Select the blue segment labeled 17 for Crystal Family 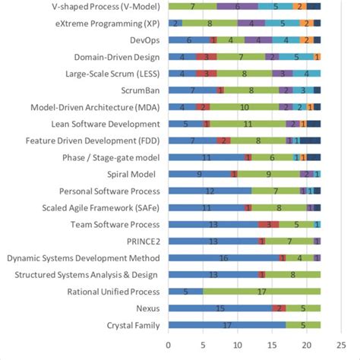click(226, 325)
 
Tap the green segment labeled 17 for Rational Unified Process click(261, 291)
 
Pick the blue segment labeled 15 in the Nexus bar click(219, 308)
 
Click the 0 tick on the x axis click(168, 343)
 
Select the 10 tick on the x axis click(236, 343)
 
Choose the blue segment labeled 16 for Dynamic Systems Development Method click(223, 257)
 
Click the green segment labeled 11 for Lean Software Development click(247, 124)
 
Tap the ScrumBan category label click(139, 90)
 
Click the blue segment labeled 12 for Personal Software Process click(209, 191)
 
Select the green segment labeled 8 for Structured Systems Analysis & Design click(292, 274)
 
